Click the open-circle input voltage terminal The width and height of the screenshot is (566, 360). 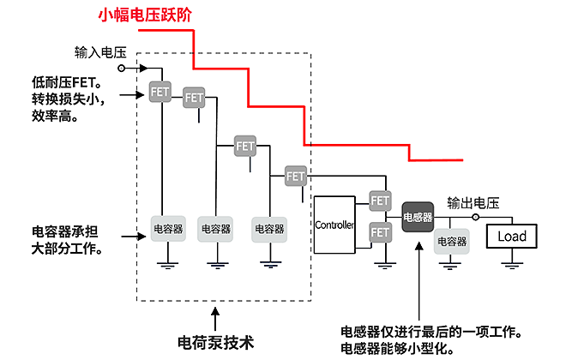[121, 68]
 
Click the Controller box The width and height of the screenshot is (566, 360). [334, 225]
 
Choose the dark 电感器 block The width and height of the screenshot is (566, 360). [418, 216]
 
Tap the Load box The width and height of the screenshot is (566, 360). [512, 236]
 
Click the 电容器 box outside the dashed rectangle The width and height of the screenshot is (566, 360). [452, 241]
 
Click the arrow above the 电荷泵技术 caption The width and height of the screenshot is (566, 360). [216, 315]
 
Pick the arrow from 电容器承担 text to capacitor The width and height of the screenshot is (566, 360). [133, 232]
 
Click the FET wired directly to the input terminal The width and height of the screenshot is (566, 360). [160, 91]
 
